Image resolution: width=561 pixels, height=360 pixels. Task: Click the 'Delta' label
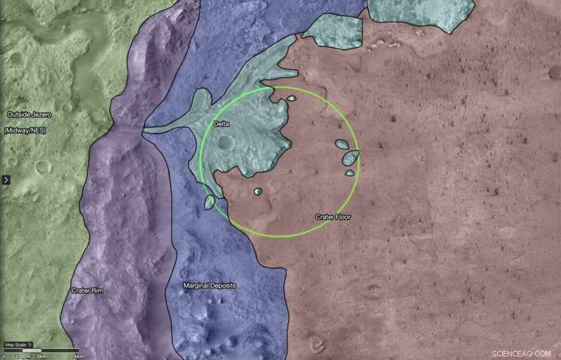(x=222, y=124)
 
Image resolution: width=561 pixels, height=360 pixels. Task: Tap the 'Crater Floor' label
(x=332, y=218)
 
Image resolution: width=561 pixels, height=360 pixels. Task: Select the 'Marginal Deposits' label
(x=209, y=286)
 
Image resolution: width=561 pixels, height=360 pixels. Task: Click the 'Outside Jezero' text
(x=30, y=114)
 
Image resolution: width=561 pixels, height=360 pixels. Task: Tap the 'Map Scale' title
(x=15, y=345)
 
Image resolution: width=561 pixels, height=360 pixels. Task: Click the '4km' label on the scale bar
(x=79, y=356)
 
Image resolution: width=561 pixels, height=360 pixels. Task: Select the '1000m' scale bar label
(x=22, y=356)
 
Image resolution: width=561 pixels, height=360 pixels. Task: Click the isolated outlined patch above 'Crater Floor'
(x=257, y=191)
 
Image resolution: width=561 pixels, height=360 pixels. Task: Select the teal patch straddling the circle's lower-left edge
(x=210, y=202)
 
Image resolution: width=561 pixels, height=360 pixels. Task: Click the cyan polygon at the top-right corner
(x=419, y=13)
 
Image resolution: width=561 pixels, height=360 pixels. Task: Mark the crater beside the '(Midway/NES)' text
(x=43, y=167)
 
